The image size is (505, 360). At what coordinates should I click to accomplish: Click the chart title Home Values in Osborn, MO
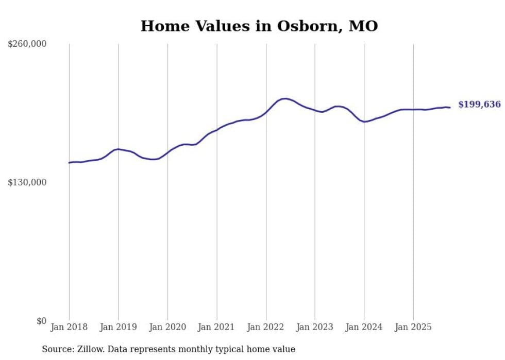coord(259,26)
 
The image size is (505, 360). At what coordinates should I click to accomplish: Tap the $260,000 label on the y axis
coord(27,44)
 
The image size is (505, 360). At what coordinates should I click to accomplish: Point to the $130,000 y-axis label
coord(27,182)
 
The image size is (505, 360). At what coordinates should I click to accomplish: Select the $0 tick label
coord(41,321)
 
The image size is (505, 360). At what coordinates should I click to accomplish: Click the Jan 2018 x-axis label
coord(69,327)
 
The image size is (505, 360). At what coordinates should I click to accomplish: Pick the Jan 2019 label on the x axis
coord(118,327)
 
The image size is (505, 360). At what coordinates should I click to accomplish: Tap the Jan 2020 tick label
coord(167,327)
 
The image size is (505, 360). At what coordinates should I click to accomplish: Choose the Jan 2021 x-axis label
coord(216,327)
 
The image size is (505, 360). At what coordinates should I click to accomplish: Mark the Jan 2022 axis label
coord(266,327)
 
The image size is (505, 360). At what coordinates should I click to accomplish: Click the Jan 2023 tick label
coord(315,327)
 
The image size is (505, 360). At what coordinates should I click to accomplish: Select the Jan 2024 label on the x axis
coord(364,327)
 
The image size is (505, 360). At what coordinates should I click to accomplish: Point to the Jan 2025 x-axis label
coord(413,327)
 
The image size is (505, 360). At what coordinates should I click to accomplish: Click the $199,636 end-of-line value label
coord(479,105)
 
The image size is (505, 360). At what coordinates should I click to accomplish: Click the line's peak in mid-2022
coord(284,98)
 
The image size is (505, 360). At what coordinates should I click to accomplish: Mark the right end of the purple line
coord(450,107)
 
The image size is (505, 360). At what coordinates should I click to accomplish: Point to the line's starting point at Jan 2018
coord(69,163)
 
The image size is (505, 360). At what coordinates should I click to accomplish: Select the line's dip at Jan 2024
coord(364,122)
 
